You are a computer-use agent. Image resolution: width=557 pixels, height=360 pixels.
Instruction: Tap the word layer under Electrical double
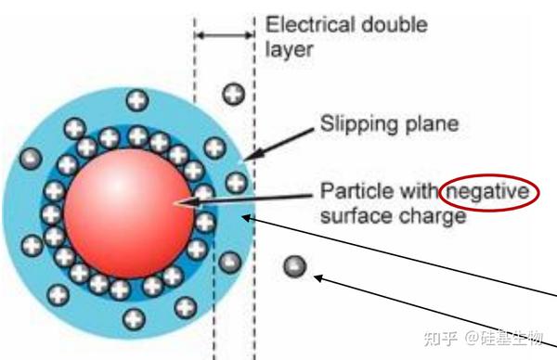289,48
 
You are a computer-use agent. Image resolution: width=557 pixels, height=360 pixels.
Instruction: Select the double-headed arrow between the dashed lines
224,35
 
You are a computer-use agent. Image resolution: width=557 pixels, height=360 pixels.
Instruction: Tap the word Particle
347,192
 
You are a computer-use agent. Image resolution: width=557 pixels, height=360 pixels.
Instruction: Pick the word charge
431,217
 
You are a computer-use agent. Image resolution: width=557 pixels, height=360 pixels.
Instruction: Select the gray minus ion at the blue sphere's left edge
30,159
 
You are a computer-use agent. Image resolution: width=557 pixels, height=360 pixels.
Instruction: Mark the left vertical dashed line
194,186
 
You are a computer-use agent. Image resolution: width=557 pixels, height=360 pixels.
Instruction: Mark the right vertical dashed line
253,186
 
